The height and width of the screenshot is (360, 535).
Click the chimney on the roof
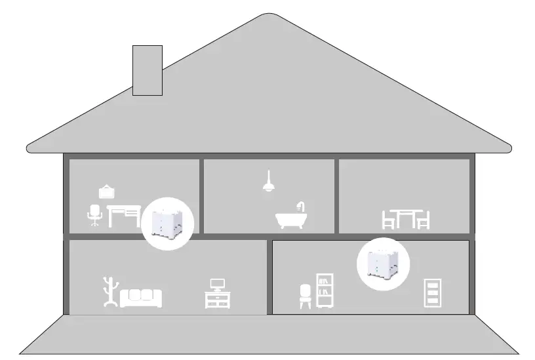coord(147,70)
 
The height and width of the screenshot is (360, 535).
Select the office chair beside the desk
coord(95,214)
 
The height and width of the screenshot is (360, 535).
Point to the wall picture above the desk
coord(107,191)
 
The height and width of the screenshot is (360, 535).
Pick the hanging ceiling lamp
coord(267,184)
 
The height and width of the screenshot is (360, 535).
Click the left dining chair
coord(389,220)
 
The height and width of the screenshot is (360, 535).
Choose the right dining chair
coord(423,220)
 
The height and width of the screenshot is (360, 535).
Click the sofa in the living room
coord(141,298)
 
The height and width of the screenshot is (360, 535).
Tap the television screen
coord(217,285)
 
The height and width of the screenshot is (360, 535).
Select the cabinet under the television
coord(217,300)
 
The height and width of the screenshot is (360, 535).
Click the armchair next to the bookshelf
coord(306,296)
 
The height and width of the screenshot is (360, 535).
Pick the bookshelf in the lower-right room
coord(325,290)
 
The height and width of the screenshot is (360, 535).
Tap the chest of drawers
coord(433,292)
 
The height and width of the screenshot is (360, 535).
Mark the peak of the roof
coord(267,14)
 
